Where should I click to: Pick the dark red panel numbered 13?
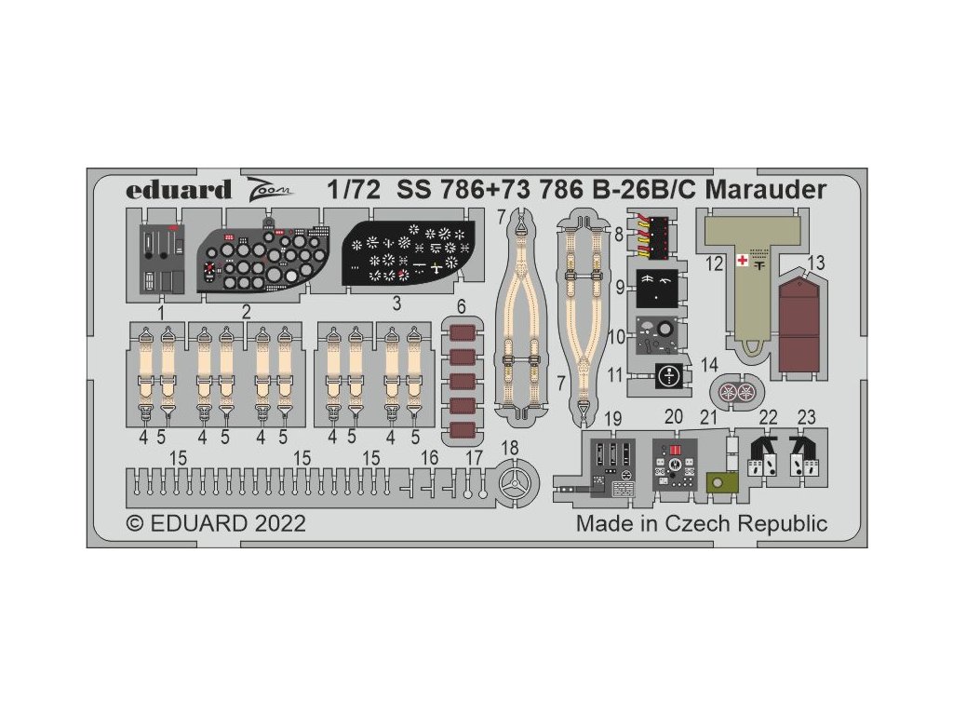(799, 318)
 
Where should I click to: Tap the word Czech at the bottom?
(699, 523)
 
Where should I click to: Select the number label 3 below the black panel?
(396, 304)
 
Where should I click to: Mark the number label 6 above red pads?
(463, 306)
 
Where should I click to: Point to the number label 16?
(429, 458)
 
